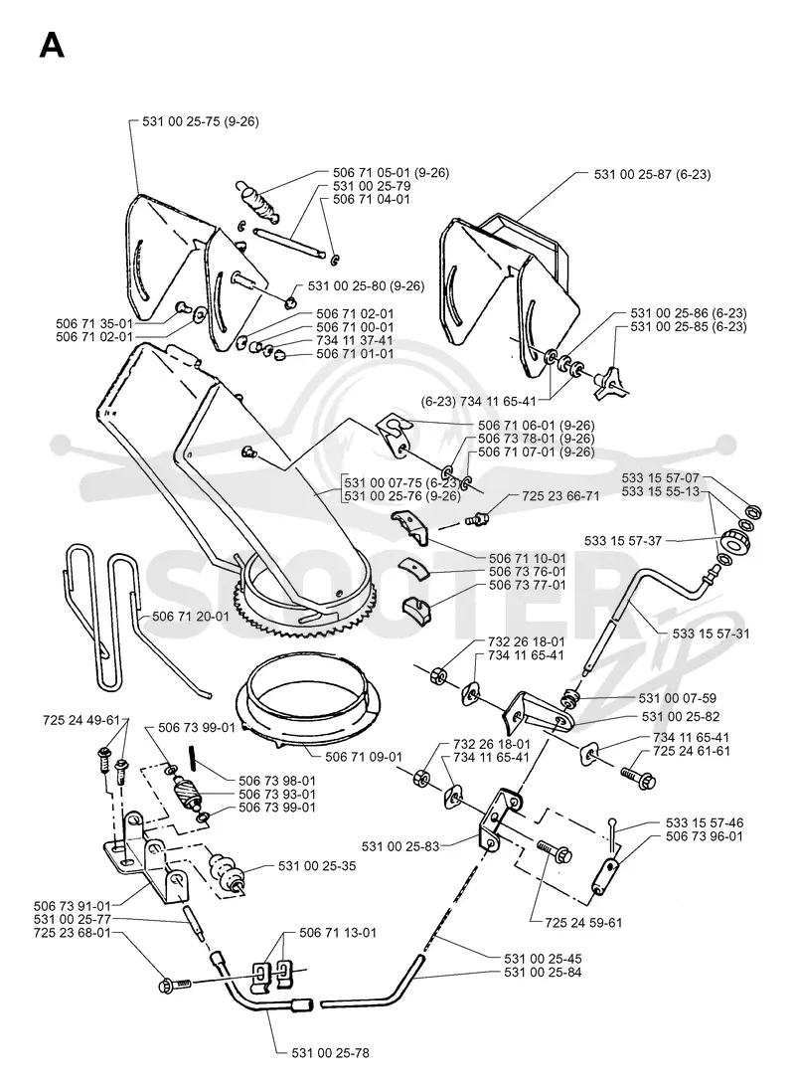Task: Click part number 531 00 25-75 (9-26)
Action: [201, 121]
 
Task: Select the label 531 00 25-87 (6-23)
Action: [652, 174]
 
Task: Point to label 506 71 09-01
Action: [363, 756]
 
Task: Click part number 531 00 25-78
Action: [331, 1052]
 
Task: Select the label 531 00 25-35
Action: [317, 866]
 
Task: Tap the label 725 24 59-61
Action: [583, 923]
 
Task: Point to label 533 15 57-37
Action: [623, 541]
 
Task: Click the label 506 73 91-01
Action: [73, 906]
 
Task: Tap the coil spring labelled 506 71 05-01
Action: [258, 201]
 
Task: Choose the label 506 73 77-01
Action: [528, 585]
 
